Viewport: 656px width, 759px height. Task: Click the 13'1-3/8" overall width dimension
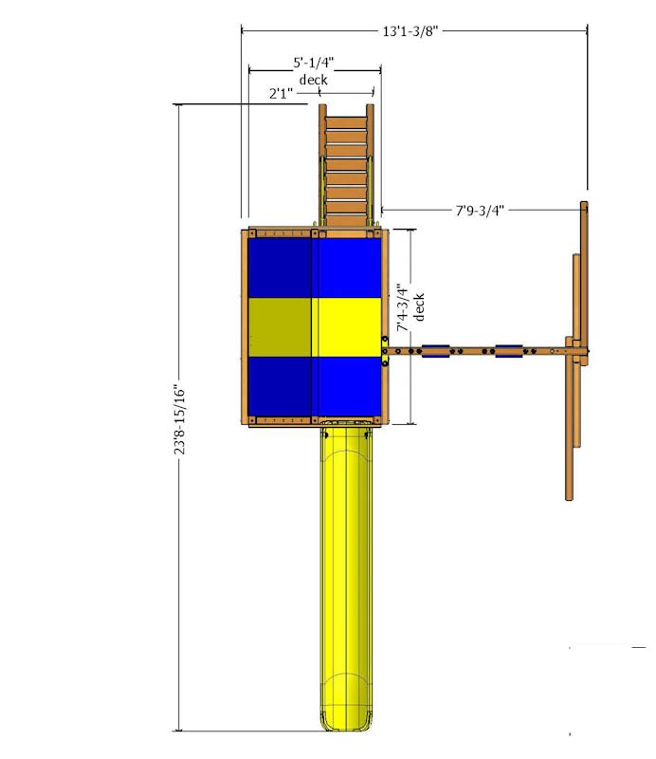(410, 31)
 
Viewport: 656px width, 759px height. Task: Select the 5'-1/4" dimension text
(314, 63)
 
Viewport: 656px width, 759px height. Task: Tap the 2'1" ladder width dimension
(281, 93)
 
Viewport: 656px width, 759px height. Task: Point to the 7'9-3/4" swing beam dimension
(480, 210)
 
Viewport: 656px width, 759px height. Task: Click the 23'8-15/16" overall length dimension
(179, 419)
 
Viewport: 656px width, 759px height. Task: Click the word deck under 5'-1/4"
(314, 80)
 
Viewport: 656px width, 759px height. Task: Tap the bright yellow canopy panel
(346, 326)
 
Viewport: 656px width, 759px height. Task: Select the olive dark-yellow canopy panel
(280, 326)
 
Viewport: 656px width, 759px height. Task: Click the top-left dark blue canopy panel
(280, 268)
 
